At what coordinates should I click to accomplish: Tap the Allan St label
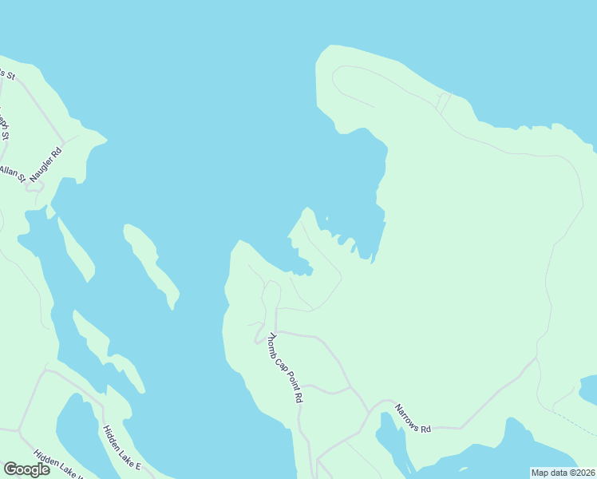click(x=12, y=173)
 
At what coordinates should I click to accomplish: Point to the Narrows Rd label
click(x=413, y=418)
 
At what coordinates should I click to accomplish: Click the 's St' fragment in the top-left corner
click(x=7, y=73)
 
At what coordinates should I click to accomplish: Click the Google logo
click(x=26, y=469)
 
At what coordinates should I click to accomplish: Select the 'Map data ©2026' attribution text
click(x=562, y=472)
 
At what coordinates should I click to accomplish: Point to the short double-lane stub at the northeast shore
click(x=444, y=102)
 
